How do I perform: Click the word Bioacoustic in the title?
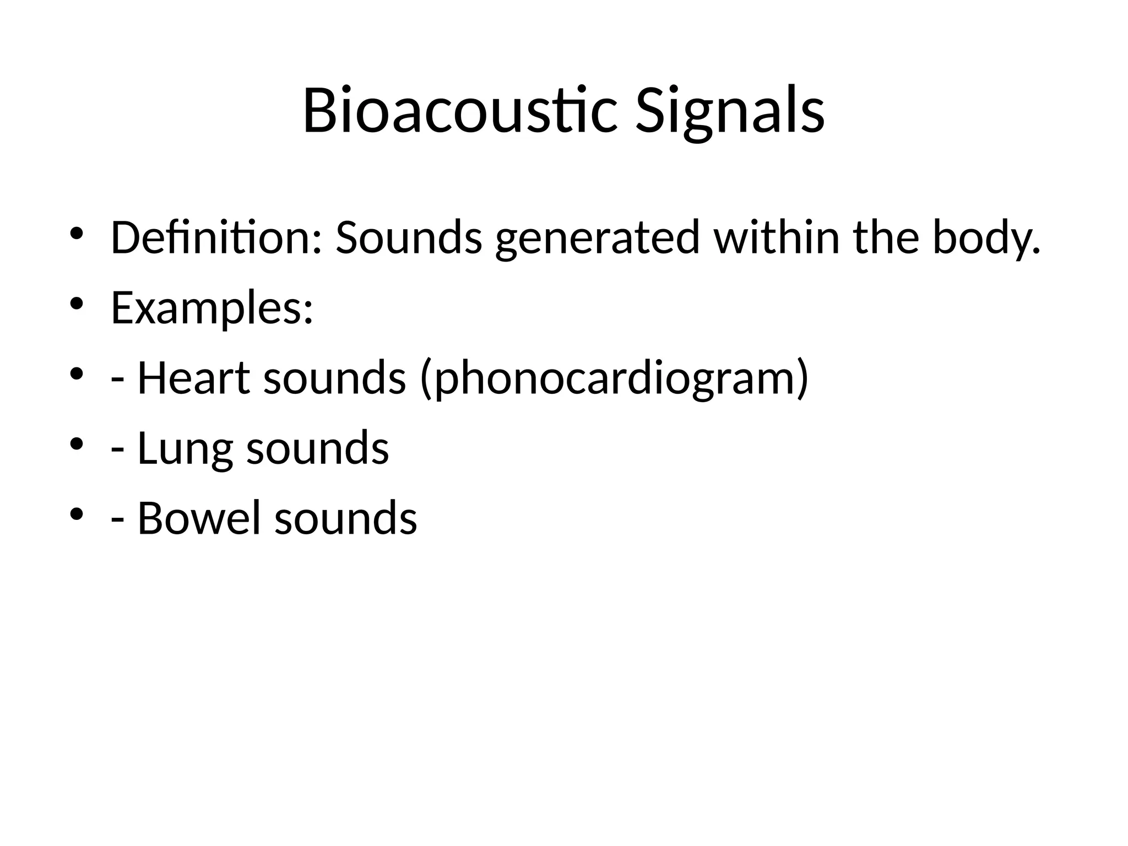click(x=459, y=111)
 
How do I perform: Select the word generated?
click(x=597, y=238)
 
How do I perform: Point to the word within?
click(x=777, y=237)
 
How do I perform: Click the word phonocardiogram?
click(x=614, y=378)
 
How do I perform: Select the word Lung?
click(x=185, y=449)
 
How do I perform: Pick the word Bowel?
click(x=198, y=518)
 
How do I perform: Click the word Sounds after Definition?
click(x=409, y=237)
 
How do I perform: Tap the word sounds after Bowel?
click(x=345, y=518)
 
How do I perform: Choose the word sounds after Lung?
click(x=317, y=449)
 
